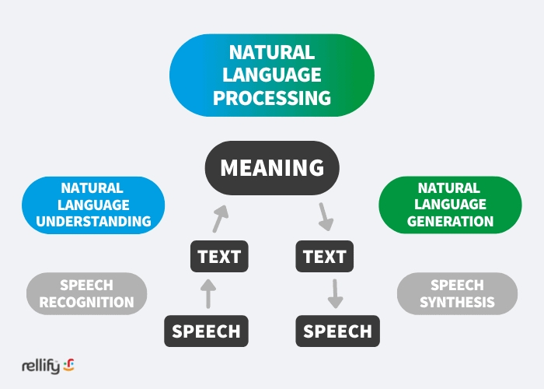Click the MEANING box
click(x=272, y=168)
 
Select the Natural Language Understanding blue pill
click(x=93, y=205)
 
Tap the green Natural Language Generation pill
click(x=450, y=205)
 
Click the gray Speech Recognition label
click(x=87, y=293)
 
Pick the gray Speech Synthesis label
click(x=457, y=293)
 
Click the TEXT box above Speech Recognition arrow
click(x=219, y=256)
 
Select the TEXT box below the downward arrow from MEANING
click(x=324, y=256)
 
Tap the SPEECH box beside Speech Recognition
click(x=206, y=331)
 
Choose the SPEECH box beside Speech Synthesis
click(x=337, y=331)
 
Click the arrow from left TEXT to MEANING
click(x=220, y=219)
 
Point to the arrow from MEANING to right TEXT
click(x=326, y=217)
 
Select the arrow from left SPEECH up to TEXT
click(x=208, y=294)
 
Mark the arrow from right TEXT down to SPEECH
click(x=335, y=294)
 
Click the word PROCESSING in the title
click(x=272, y=98)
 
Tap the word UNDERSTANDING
click(x=93, y=221)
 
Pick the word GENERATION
click(x=450, y=221)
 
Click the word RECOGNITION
click(x=87, y=302)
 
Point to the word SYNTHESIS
click(x=457, y=302)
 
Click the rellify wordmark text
click(x=40, y=366)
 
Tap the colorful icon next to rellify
click(x=68, y=365)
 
